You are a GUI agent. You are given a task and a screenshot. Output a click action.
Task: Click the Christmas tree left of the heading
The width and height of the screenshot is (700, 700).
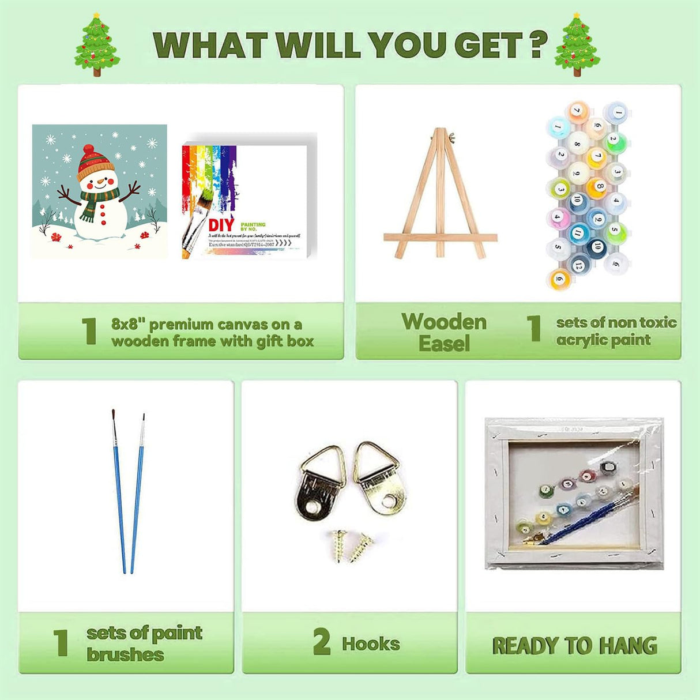click(x=97, y=44)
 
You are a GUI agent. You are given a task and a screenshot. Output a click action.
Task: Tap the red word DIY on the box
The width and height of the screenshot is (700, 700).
click(x=221, y=225)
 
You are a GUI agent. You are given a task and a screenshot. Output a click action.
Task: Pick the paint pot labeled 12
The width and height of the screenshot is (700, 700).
click(x=578, y=264)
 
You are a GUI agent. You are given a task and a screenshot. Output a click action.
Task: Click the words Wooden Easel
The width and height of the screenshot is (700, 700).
click(x=443, y=332)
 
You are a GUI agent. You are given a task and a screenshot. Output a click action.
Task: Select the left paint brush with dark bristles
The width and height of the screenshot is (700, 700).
click(x=119, y=490)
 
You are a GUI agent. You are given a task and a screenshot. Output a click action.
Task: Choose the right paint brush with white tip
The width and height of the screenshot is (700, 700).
click(x=138, y=490)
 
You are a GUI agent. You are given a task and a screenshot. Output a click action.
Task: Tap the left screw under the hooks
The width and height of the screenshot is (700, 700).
click(x=337, y=545)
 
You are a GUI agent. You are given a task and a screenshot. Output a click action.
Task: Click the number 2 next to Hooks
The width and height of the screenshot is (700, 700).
click(x=322, y=642)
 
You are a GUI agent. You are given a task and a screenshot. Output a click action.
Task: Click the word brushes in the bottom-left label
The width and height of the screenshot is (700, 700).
click(x=125, y=655)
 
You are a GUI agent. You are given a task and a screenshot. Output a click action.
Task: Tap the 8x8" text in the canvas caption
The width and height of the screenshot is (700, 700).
click(x=127, y=325)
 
